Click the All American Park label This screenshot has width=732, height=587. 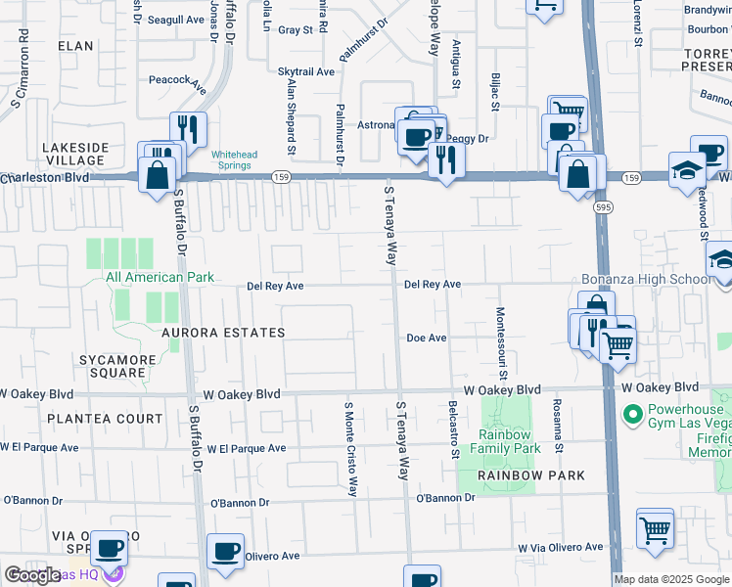point(160,278)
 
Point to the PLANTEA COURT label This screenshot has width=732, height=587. point(90,419)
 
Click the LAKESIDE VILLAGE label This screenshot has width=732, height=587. point(74,154)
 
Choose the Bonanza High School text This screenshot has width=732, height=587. point(647,280)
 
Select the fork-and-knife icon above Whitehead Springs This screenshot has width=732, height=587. point(187,129)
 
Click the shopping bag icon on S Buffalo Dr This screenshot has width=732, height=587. point(157,176)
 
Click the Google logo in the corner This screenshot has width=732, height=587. point(32,576)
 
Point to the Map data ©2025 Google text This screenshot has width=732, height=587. point(671,579)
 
